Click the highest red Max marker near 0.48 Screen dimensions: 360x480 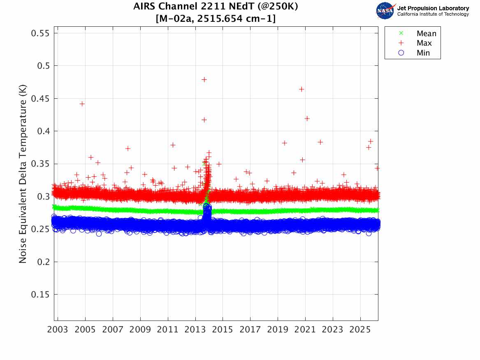(x=204, y=79)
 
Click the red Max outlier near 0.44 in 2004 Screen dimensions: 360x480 (x=82, y=104)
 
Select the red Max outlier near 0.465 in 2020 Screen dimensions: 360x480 (x=301, y=89)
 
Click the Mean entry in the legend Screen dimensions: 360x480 (x=426, y=34)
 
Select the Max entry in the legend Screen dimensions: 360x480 (x=424, y=43)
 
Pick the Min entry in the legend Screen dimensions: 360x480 (x=423, y=53)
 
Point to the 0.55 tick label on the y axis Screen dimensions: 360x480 (x=40, y=33)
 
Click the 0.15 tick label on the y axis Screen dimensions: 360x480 (x=40, y=295)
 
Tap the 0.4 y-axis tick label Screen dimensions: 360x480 (x=43, y=131)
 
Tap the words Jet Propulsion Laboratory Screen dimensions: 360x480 (x=433, y=8)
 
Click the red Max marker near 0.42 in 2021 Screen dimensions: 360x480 (x=306, y=118)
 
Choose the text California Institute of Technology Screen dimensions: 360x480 (x=433, y=14)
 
